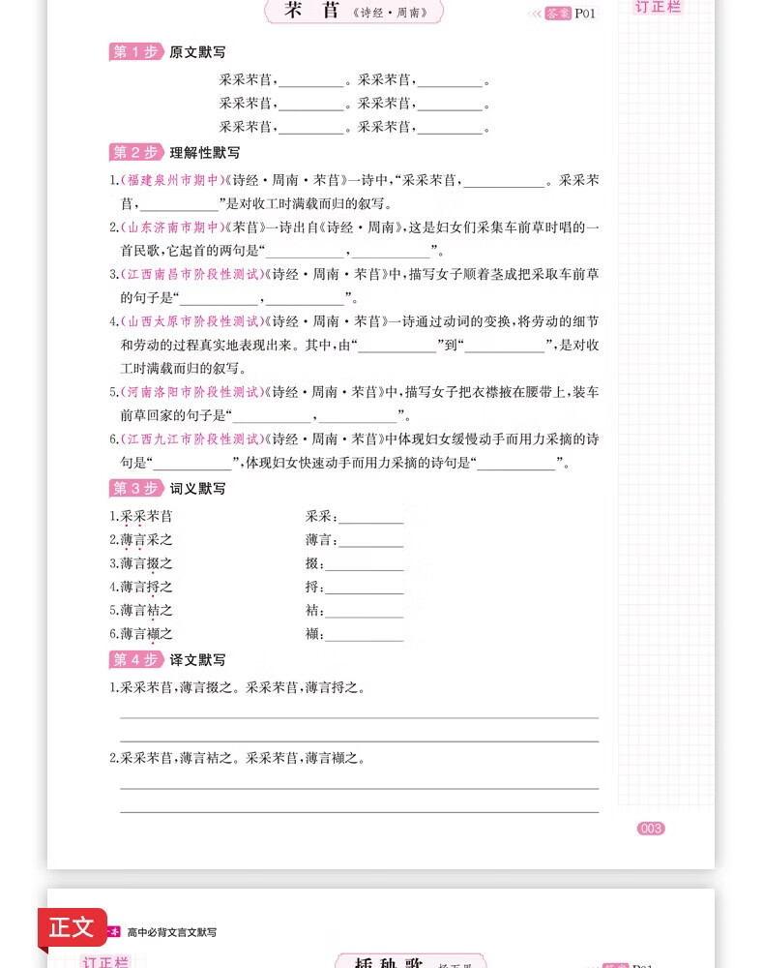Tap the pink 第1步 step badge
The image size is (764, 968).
(x=134, y=52)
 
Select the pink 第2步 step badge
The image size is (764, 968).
(x=134, y=152)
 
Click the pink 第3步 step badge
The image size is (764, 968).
(x=134, y=488)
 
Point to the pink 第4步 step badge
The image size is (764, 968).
(x=134, y=659)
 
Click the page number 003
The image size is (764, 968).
(x=651, y=828)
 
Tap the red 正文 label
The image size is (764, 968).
(x=72, y=927)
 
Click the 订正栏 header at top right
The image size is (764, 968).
(x=658, y=7)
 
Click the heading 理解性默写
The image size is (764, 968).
(x=205, y=153)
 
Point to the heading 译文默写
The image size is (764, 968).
(x=197, y=660)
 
